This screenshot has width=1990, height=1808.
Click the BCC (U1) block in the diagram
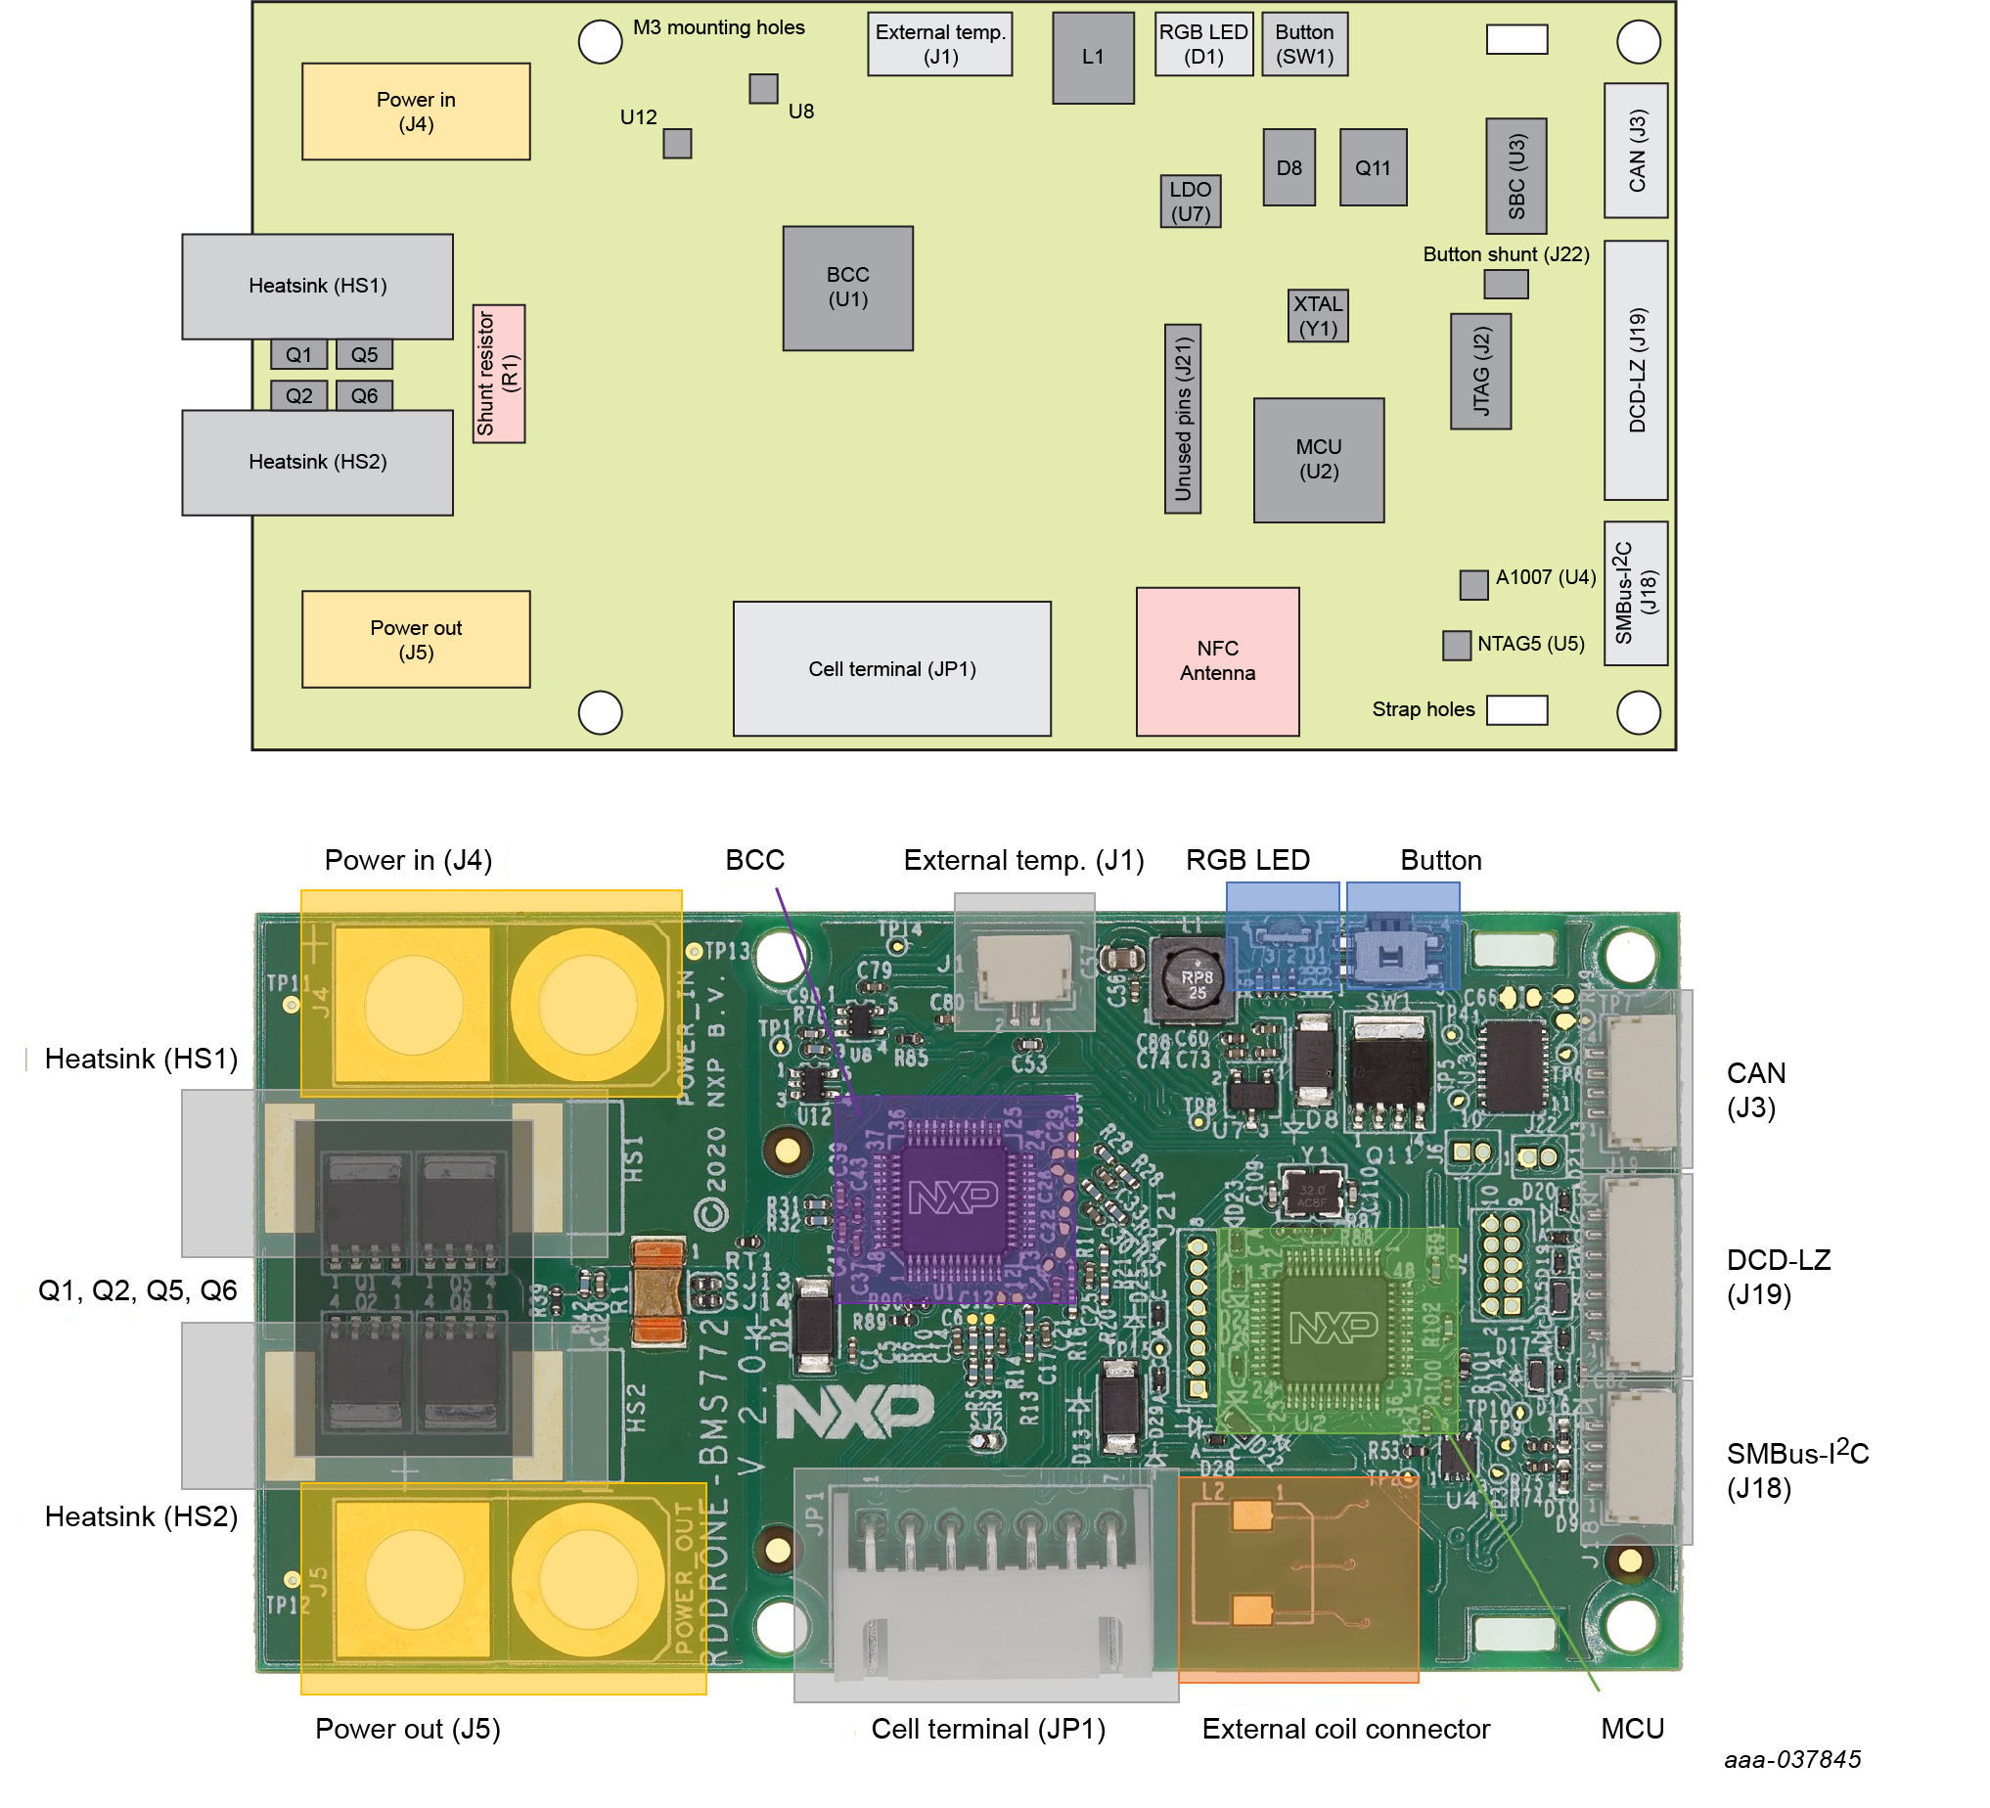click(847, 289)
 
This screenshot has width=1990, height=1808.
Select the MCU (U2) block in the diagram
click(1318, 460)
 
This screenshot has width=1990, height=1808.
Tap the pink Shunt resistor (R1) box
click(499, 373)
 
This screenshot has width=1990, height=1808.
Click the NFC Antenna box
click(1217, 661)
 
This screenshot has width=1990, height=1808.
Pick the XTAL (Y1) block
click(1317, 316)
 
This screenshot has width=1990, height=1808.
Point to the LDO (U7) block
click(1190, 202)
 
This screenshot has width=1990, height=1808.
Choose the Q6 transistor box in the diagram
click(363, 396)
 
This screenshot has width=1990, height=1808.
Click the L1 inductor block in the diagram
click(1092, 58)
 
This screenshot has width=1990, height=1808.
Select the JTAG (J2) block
click(1479, 371)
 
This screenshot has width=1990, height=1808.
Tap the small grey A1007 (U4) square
click(1472, 584)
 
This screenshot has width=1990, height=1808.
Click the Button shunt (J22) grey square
click(1506, 285)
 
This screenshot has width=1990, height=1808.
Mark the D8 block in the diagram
click(1289, 167)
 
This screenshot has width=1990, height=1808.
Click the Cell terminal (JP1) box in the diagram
click(891, 669)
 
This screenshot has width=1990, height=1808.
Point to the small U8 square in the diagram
click(763, 89)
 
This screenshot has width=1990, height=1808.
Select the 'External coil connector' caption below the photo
click(1345, 1728)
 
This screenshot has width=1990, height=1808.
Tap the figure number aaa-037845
click(1791, 1759)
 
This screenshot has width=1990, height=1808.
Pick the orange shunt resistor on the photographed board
click(658, 1291)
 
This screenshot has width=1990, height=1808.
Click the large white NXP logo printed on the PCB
click(855, 1410)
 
